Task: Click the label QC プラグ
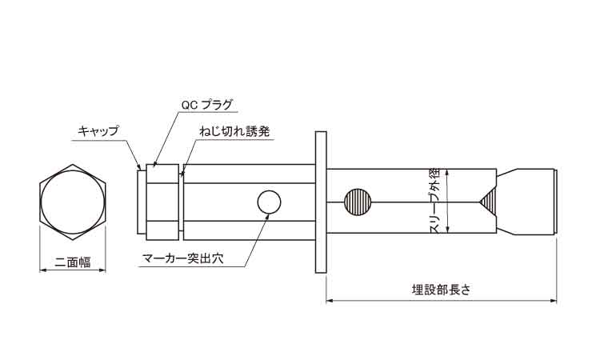pos(206,106)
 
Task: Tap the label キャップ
pos(98,132)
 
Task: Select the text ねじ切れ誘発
pos(234,132)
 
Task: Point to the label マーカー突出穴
pos(182,259)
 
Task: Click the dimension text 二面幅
pos(73,262)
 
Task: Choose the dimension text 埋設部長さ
pos(441,290)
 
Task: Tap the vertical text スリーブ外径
pos(437,202)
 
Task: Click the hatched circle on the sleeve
pos(358,202)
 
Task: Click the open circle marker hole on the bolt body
pos(269,202)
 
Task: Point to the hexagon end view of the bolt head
pos(73,202)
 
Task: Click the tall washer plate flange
pos(321,202)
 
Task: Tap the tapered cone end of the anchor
pos(526,202)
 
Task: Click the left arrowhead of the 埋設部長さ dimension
pos(329,301)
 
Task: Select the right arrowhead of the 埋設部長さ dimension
pos(554,301)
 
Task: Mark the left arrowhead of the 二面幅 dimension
pos(42,270)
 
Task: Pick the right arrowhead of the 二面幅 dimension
pos(102,270)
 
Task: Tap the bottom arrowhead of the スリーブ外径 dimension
pos(447,230)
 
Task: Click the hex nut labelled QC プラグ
pos(162,202)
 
